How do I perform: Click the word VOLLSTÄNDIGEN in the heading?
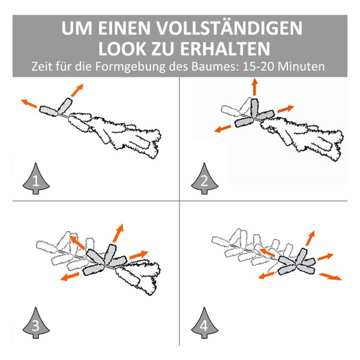point(229,28)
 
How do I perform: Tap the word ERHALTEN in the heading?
point(225,49)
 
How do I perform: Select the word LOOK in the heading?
point(122,49)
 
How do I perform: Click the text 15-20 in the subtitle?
point(258,67)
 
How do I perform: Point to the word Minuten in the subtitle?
point(301,67)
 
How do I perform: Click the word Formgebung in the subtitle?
point(130,67)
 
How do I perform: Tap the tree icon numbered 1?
point(36,178)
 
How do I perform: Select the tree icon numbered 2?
point(205,178)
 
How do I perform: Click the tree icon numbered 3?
point(36,323)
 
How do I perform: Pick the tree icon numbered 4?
point(205,323)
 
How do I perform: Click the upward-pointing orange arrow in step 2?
point(254,87)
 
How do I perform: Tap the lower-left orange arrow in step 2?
point(223,129)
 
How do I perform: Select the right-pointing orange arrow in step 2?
point(286,109)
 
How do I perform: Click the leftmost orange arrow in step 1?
point(29,103)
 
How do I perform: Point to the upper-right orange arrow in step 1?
point(77,90)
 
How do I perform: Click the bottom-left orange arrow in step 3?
point(70,276)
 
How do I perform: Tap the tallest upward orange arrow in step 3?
point(118,233)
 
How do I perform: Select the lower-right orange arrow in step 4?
point(330,276)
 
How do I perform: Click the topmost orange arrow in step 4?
point(310,238)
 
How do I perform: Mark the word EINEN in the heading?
point(124,28)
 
